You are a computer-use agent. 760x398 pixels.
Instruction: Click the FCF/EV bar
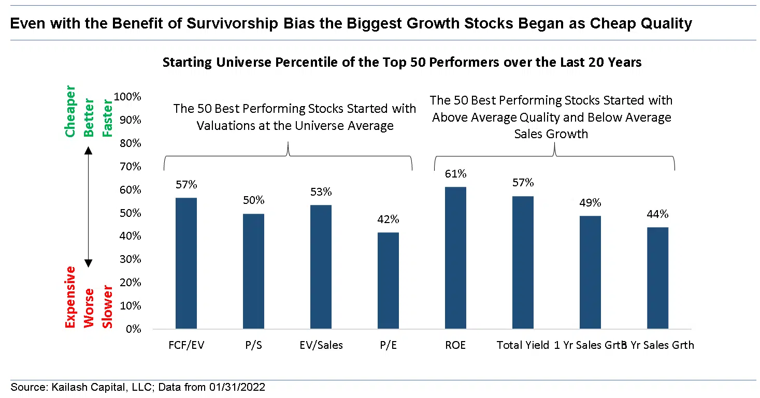click(186, 263)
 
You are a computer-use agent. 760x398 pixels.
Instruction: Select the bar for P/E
click(388, 281)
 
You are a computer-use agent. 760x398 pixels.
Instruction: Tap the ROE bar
click(455, 258)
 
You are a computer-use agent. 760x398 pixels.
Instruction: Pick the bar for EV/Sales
click(321, 267)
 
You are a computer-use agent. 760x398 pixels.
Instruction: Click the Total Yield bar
click(523, 262)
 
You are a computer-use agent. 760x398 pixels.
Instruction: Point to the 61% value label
click(455, 174)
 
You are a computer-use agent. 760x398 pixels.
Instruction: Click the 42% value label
click(388, 219)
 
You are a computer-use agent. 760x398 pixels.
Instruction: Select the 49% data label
click(590, 203)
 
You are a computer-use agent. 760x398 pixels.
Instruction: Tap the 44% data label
click(657, 214)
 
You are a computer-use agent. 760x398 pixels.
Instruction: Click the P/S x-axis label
click(253, 345)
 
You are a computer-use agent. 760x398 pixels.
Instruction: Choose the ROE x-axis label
click(455, 345)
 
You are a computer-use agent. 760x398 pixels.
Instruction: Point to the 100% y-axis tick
click(127, 97)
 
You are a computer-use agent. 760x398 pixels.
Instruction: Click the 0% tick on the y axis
click(133, 329)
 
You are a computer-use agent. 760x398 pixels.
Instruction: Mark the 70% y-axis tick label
click(130, 167)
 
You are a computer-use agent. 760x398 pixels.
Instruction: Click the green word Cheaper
click(70, 112)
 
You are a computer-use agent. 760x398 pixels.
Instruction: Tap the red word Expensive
click(70, 298)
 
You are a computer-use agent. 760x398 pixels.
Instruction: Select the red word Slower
click(108, 306)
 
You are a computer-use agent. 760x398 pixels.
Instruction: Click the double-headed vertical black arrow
click(88, 207)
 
